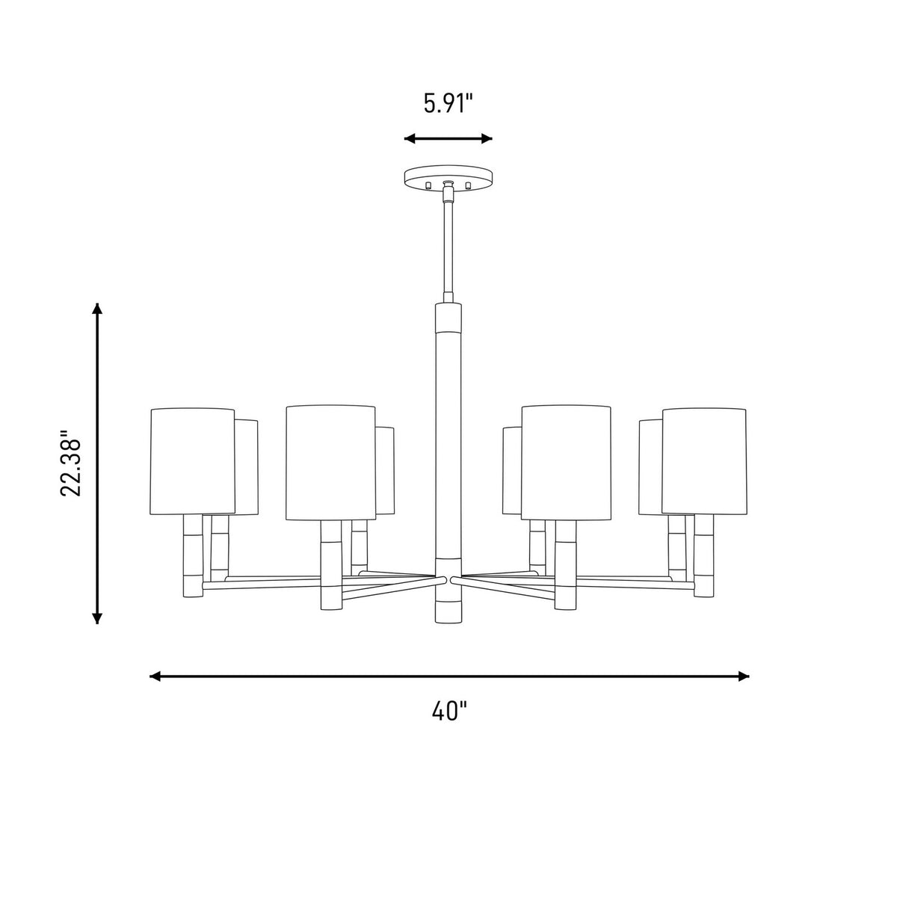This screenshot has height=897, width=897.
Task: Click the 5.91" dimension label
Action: coord(448,103)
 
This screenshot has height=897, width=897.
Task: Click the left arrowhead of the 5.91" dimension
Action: coord(410,138)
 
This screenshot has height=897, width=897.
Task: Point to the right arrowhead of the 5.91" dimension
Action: coord(487,138)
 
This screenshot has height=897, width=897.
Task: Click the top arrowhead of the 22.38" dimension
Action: coord(97,309)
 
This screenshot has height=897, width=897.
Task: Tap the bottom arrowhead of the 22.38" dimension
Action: coord(97,617)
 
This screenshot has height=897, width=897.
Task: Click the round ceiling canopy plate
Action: coord(449,177)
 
